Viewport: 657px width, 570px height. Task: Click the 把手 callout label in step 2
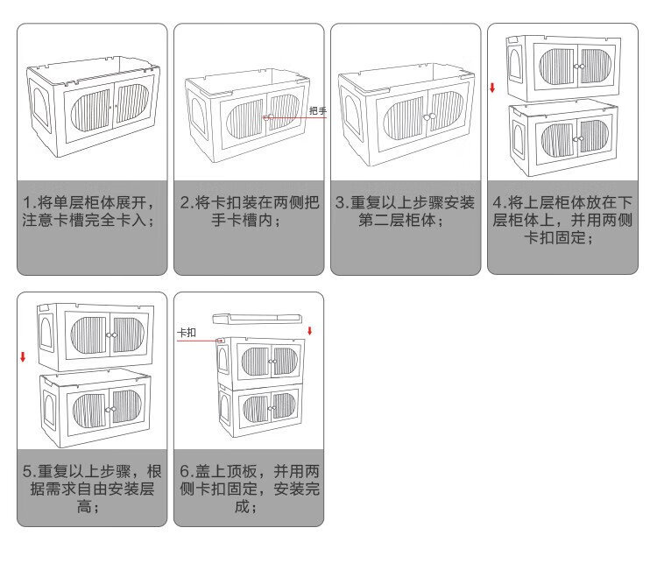[318, 111]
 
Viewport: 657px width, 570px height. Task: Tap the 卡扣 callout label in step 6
[187, 333]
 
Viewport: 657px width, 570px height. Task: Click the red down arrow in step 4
[492, 88]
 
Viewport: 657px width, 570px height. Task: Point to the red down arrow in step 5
[23, 357]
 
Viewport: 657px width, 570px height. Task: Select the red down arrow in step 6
[309, 331]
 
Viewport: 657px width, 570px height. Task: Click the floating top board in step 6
[257, 319]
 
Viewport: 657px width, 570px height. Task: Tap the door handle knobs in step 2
[268, 117]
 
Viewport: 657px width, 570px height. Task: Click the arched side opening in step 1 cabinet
[42, 106]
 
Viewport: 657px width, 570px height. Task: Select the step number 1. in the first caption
[30, 203]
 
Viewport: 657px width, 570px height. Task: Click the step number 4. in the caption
[499, 203]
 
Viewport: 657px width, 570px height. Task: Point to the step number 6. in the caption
[187, 472]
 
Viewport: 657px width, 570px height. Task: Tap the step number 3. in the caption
[343, 203]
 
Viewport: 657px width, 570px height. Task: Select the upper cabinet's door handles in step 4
[579, 67]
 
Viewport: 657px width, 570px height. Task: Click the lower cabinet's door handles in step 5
[110, 409]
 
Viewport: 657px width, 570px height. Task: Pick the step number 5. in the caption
[30, 472]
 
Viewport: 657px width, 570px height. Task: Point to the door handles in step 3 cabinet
[429, 116]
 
